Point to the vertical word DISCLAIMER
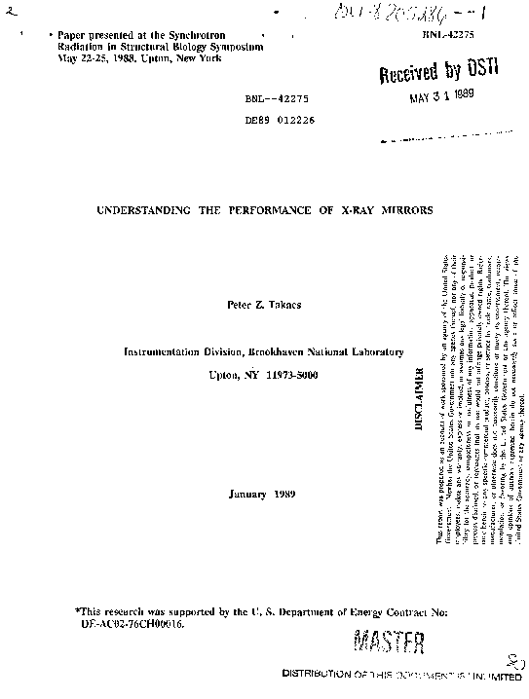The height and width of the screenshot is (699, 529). pos(420,400)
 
